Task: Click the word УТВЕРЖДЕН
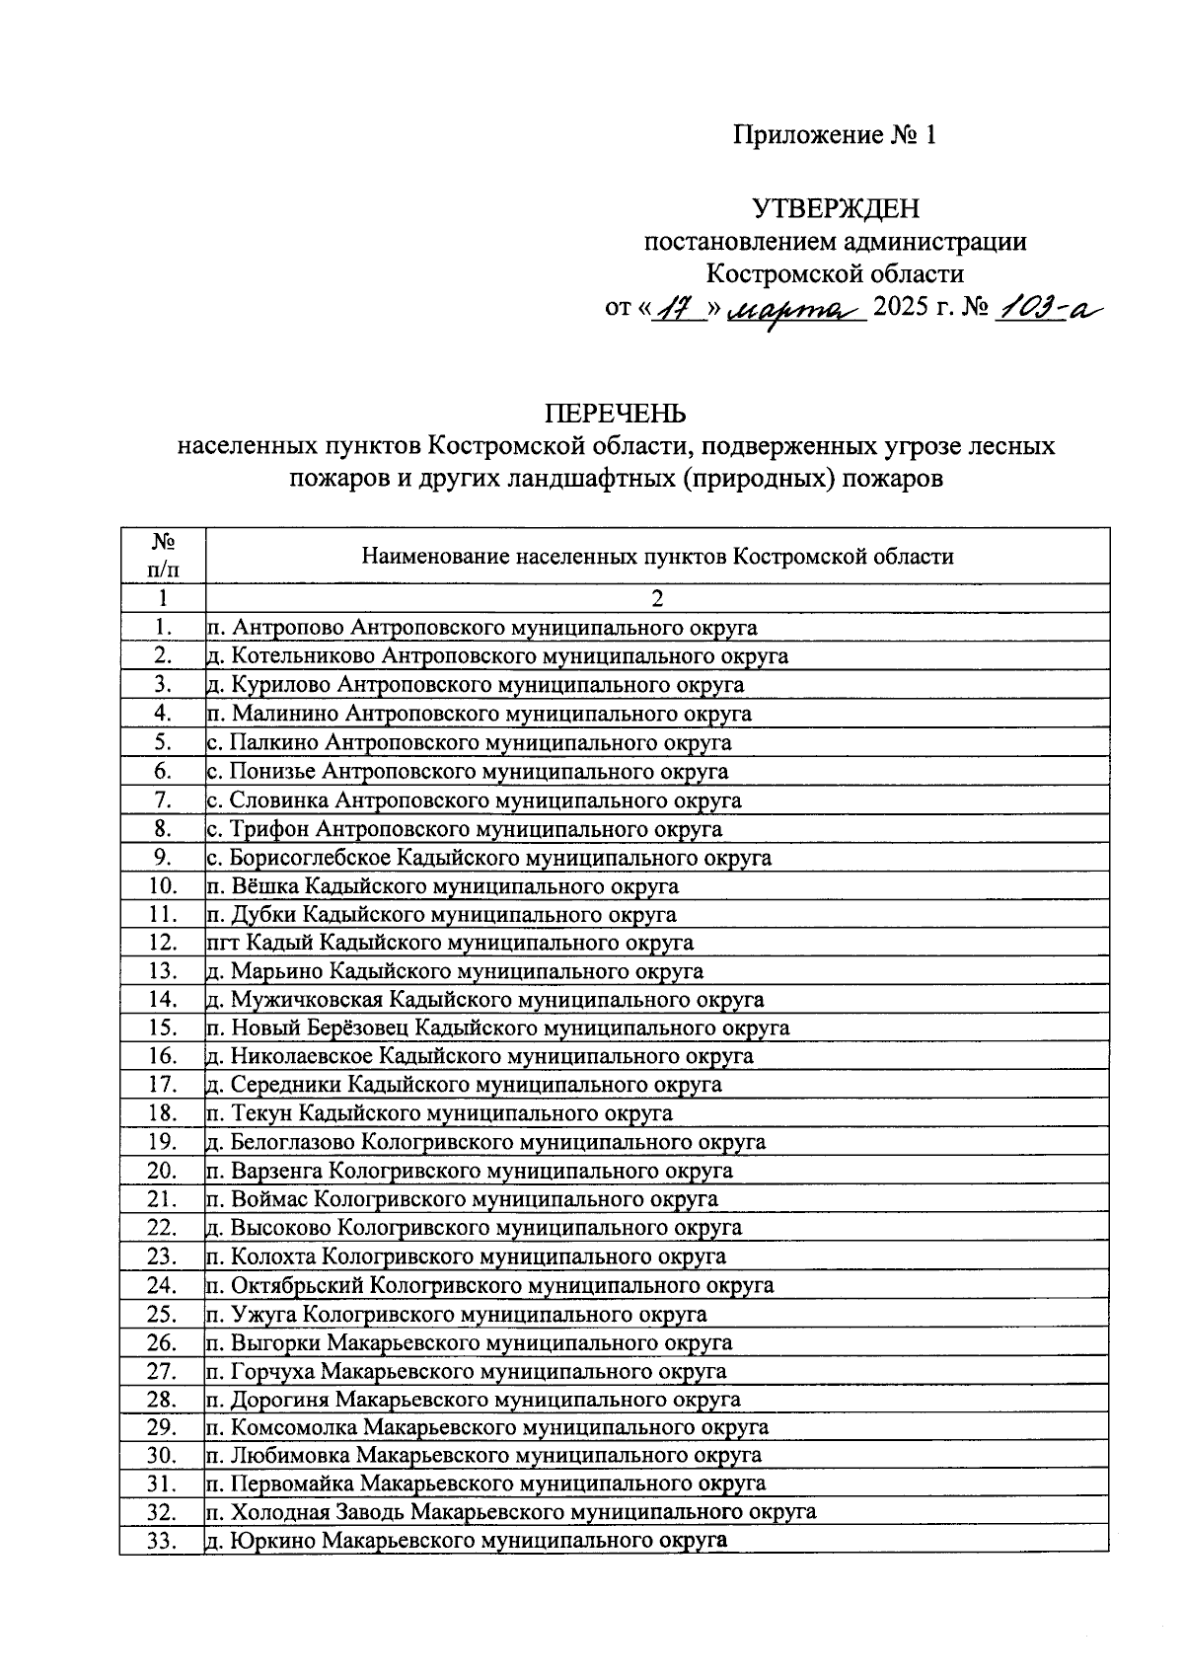[835, 208]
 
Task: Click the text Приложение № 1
[834, 135]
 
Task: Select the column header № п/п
[163, 555]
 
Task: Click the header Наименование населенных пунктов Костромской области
[657, 556]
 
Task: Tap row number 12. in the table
[163, 943]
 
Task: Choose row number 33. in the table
[163, 1541]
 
